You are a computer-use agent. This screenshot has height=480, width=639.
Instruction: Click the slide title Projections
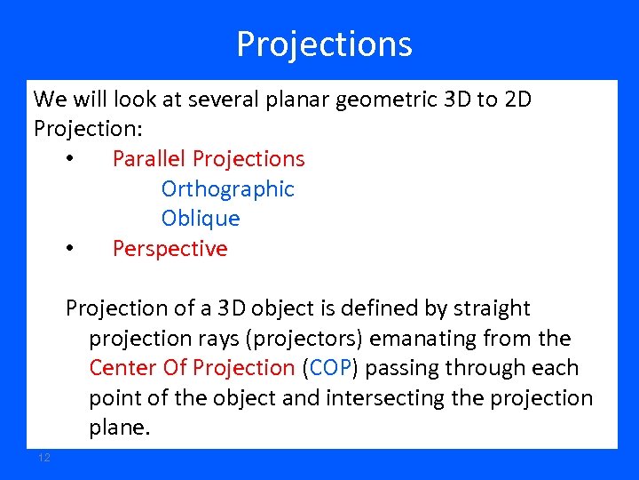click(x=324, y=44)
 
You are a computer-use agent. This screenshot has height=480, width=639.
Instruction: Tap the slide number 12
click(x=44, y=457)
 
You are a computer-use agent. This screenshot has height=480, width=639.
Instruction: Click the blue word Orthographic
click(x=227, y=189)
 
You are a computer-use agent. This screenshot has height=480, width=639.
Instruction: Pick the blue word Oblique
click(x=201, y=219)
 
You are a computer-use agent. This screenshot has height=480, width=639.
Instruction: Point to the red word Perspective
click(x=170, y=249)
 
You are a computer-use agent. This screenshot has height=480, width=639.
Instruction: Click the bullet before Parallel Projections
click(x=69, y=160)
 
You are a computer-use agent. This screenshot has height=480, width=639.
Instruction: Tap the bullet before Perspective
click(x=69, y=250)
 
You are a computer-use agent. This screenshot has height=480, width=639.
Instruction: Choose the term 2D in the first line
click(x=517, y=100)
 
